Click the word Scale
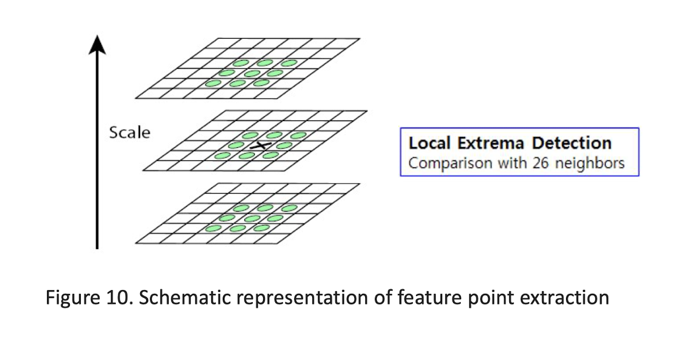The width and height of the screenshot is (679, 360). [129, 133]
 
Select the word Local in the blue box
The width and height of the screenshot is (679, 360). [430, 143]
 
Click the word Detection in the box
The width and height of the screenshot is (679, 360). [572, 143]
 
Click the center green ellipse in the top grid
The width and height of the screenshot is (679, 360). [252, 73]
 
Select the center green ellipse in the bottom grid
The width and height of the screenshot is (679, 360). [252, 218]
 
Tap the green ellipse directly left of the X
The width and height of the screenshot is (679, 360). [236, 145]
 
